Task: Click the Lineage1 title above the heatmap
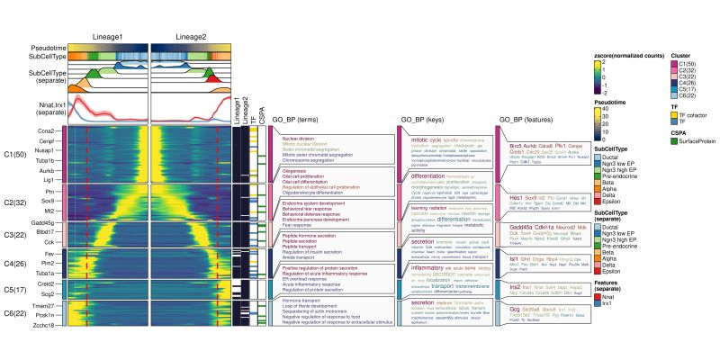[x=107, y=37]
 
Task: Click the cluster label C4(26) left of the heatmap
[x=17, y=264]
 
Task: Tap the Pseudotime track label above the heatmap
[x=46, y=46]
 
